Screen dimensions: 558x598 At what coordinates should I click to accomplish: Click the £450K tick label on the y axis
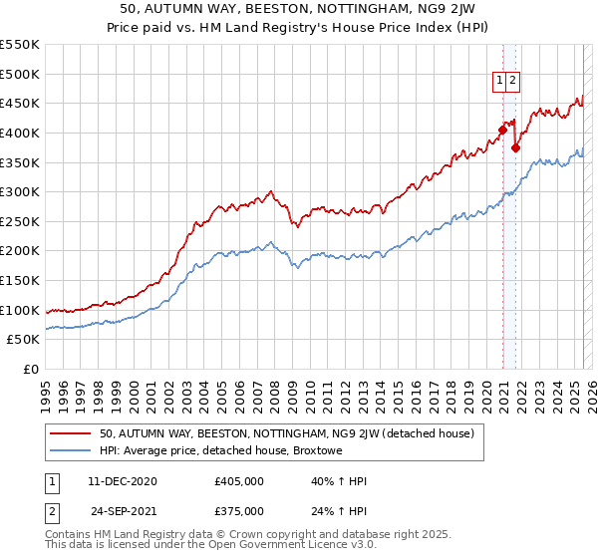tap(20, 103)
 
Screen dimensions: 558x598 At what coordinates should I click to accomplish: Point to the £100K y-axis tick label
tap(20, 310)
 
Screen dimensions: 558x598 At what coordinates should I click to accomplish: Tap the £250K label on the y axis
tap(20, 221)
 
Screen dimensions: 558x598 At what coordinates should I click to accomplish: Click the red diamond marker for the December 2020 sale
tap(502, 129)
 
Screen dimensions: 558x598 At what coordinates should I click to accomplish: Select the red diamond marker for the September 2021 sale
tap(515, 147)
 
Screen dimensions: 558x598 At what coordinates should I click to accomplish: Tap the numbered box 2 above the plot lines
tap(512, 82)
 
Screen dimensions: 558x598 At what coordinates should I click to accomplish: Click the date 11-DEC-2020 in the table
tap(123, 481)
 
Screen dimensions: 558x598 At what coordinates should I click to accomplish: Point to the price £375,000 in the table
tap(239, 511)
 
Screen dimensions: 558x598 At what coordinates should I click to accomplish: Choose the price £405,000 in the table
tap(239, 481)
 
